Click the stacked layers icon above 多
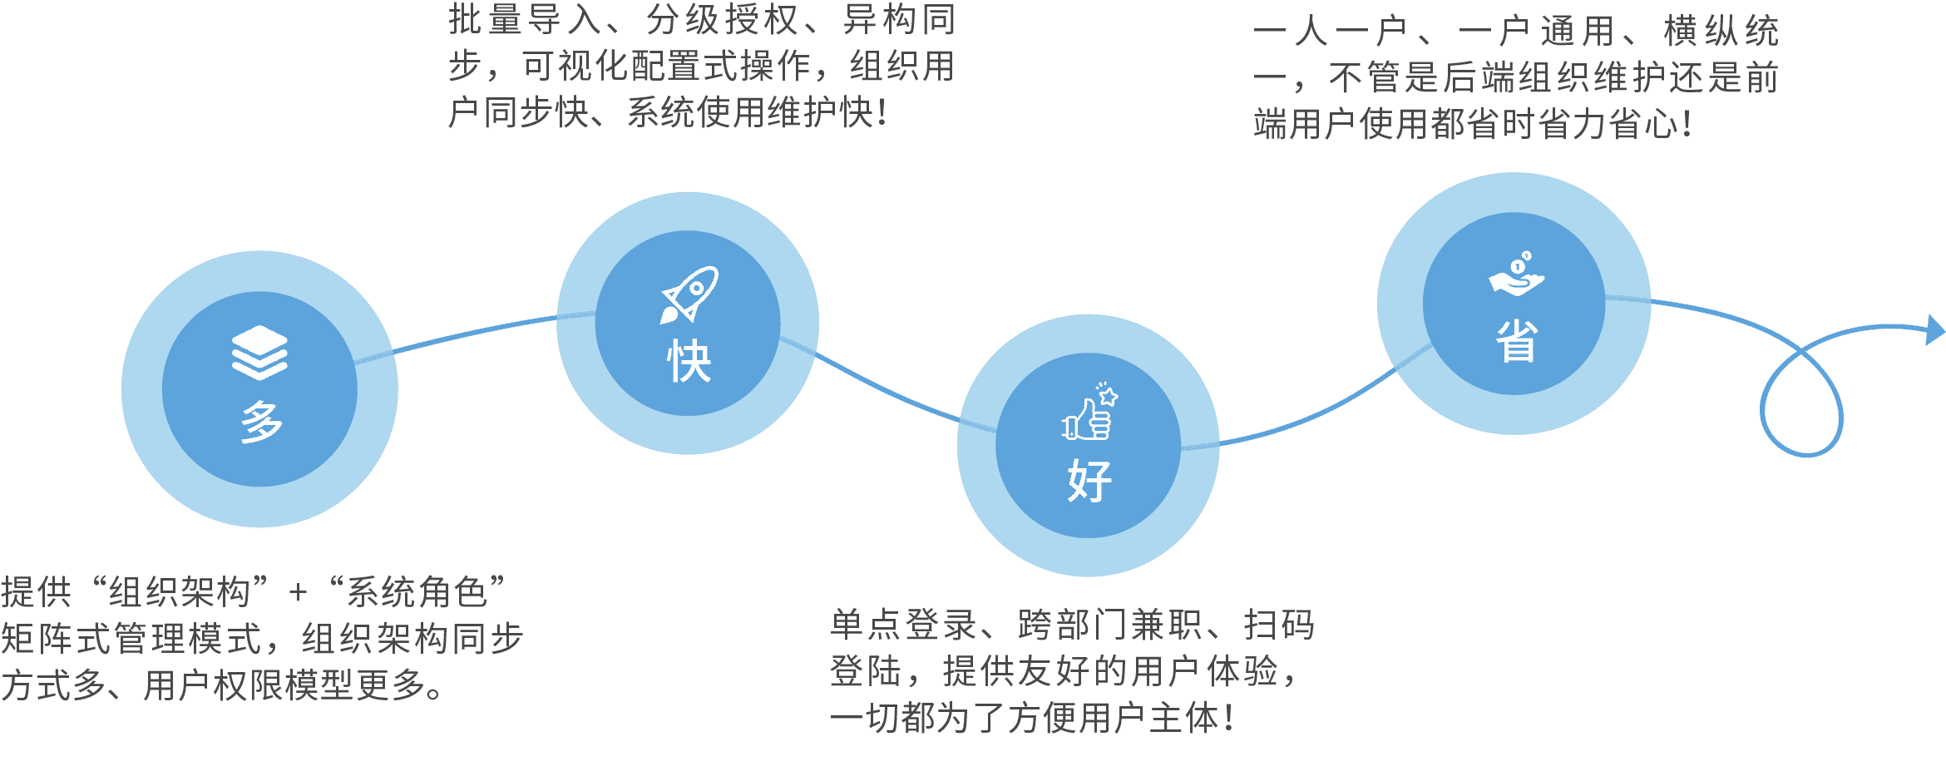(259, 353)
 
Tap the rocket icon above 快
(689, 295)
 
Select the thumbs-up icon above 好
(1090, 411)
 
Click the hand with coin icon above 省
(1516, 274)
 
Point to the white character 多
(261, 422)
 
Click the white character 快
(689, 361)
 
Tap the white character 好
(1089, 481)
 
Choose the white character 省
(1517, 341)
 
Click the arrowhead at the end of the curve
(1935, 330)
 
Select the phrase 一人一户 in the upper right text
(1329, 32)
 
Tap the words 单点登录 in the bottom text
(903, 625)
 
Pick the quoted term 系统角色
(417, 592)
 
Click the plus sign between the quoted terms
(298, 593)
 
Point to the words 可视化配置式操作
(666, 67)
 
